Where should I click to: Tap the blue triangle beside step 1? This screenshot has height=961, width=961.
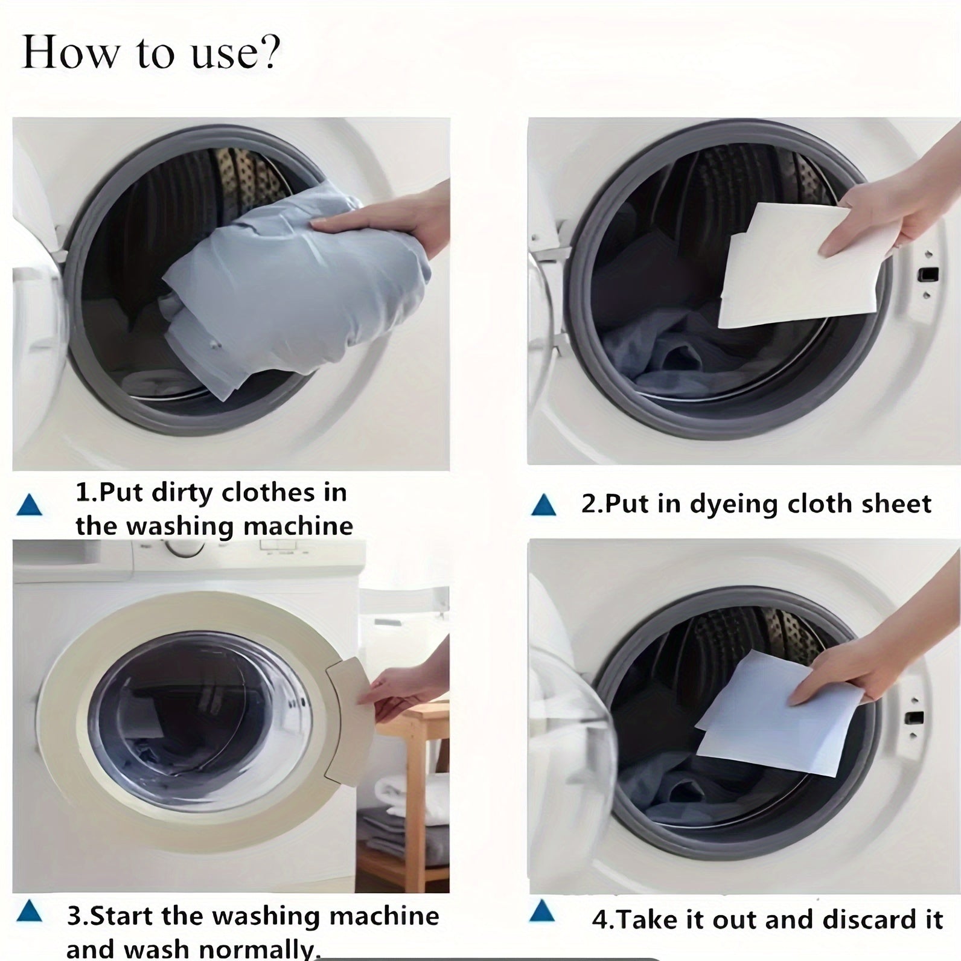[30, 505]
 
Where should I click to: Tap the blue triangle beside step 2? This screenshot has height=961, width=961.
[543, 505]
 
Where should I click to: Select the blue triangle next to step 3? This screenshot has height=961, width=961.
[30, 912]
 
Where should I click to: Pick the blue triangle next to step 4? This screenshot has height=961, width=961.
[541, 912]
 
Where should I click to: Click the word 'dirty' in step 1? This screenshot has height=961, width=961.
[182, 493]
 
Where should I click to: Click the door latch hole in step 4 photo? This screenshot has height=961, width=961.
[915, 718]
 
